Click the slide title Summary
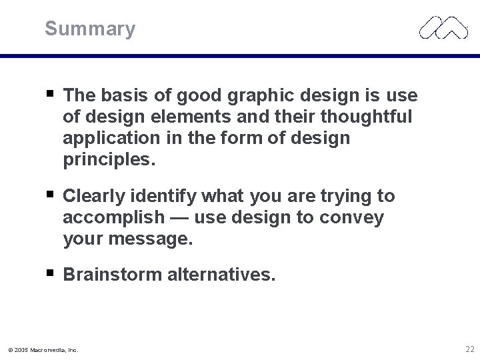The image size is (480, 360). (90, 29)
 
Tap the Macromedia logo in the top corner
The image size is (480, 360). (443, 27)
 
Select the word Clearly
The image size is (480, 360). (94, 197)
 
